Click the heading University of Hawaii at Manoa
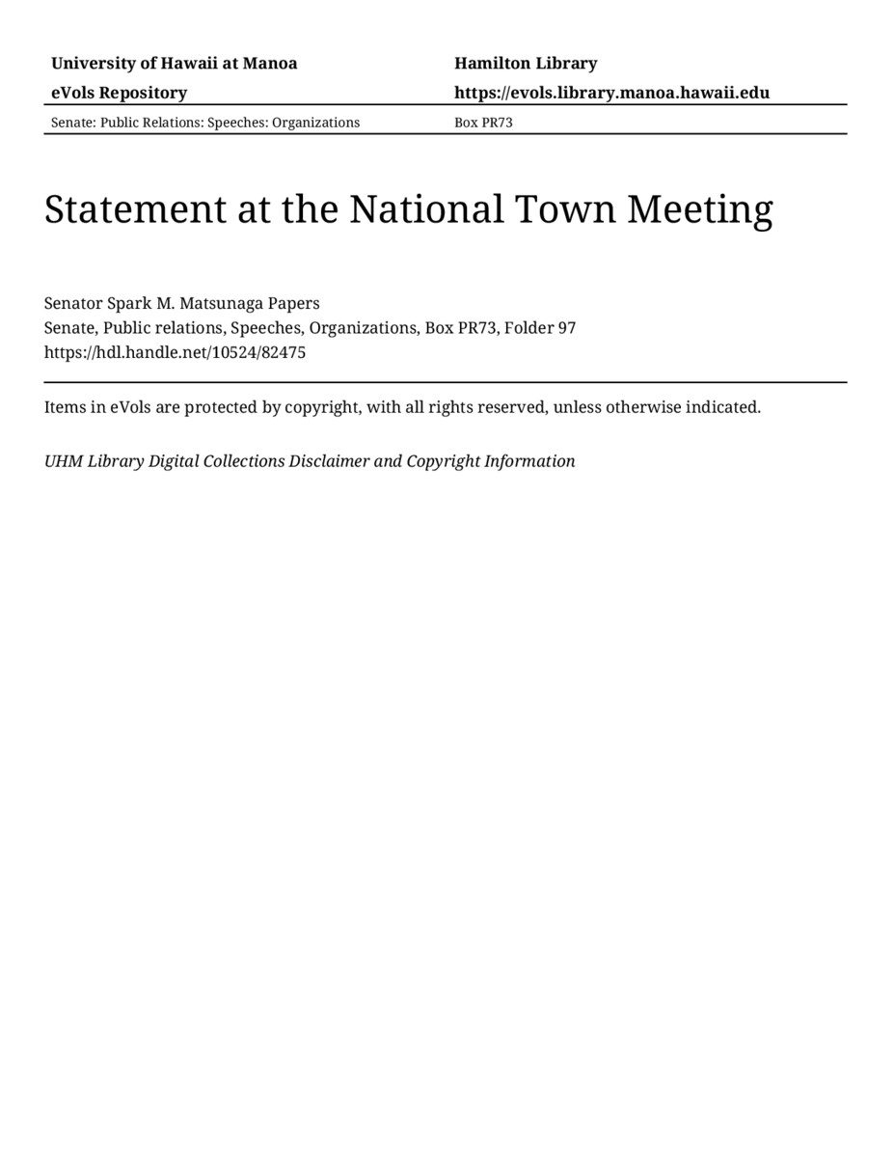(174, 64)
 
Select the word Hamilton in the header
(491, 64)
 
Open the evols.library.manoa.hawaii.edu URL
(611, 94)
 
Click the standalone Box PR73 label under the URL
(483, 123)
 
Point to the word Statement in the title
(134, 209)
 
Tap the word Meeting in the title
(700, 209)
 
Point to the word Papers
(294, 303)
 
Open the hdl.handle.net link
(175, 352)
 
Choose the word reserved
(512, 407)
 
